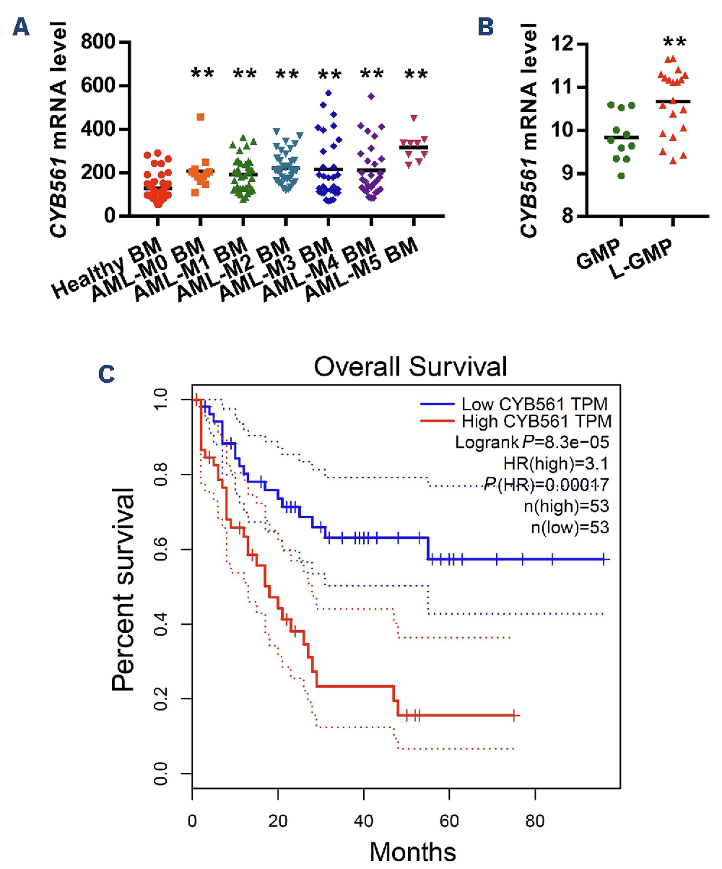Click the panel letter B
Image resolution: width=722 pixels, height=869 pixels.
(486, 27)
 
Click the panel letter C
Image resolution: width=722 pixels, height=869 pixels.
(106, 376)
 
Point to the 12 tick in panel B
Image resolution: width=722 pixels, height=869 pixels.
(555, 44)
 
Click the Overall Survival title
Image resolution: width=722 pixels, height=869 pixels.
(410, 368)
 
